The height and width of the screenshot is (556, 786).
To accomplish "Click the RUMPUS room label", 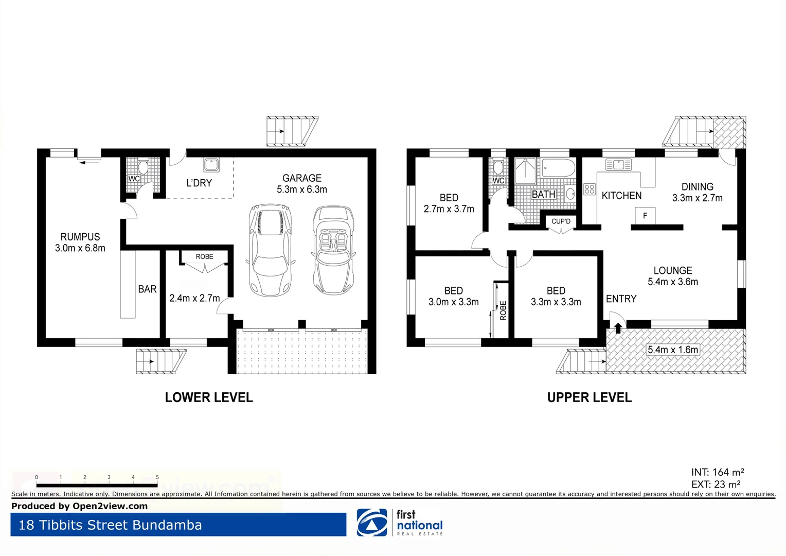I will pos(80,237).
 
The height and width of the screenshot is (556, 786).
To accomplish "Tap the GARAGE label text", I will pos(302,178).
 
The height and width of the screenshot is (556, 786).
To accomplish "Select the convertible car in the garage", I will pos(333,250).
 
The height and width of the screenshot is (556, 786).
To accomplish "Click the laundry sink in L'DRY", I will pos(211,165).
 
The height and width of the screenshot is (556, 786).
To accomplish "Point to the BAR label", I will pos(147,289).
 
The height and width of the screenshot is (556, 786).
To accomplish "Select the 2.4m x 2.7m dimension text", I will pos(194,298).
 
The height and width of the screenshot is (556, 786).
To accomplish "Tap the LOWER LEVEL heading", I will pos(209,397).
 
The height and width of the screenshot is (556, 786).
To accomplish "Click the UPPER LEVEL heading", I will pos(589,397).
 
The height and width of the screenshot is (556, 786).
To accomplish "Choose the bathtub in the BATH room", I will pos(559,168).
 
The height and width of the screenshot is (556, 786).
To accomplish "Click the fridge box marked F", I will pos(645,216).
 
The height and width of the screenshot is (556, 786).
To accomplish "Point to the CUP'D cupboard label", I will pos(561,221).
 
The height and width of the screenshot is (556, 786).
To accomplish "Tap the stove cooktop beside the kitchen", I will pos(589,189).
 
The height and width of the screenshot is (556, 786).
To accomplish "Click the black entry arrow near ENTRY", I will pos(618,328).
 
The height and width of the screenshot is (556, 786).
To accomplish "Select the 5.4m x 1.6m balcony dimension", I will pos(673,350).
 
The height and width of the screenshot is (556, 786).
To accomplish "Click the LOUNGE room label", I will pos(673,271).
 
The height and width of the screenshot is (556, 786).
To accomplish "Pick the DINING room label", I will pos(698,187).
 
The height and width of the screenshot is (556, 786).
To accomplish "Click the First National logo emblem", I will pos(372,523).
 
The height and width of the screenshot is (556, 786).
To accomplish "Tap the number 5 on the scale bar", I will pos(157,477).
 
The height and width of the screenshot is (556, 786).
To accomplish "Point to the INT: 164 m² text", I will pos(718,472).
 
